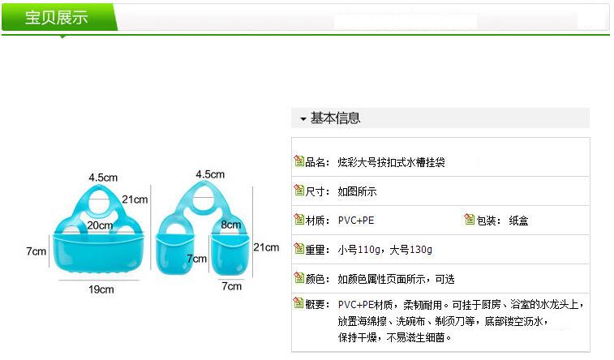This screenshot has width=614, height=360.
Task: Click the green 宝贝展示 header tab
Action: click(57, 17)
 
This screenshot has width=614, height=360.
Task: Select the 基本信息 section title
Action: click(335, 118)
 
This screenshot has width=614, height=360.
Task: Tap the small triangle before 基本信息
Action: click(303, 119)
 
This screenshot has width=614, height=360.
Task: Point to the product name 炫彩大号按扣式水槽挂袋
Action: click(391, 162)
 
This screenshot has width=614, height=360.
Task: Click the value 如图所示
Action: click(358, 192)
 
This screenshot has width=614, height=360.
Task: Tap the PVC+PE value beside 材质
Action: click(356, 221)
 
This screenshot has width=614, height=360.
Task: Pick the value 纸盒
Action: click(518, 221)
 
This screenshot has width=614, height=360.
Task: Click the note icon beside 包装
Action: click(469, 219)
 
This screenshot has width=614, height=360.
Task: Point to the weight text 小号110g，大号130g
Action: click(385, 250)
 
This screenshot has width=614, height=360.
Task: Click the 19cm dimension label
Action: click(101, 289)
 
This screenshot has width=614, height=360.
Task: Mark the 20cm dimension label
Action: click(99, 225)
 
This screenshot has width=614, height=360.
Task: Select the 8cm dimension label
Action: click(230, 225)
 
